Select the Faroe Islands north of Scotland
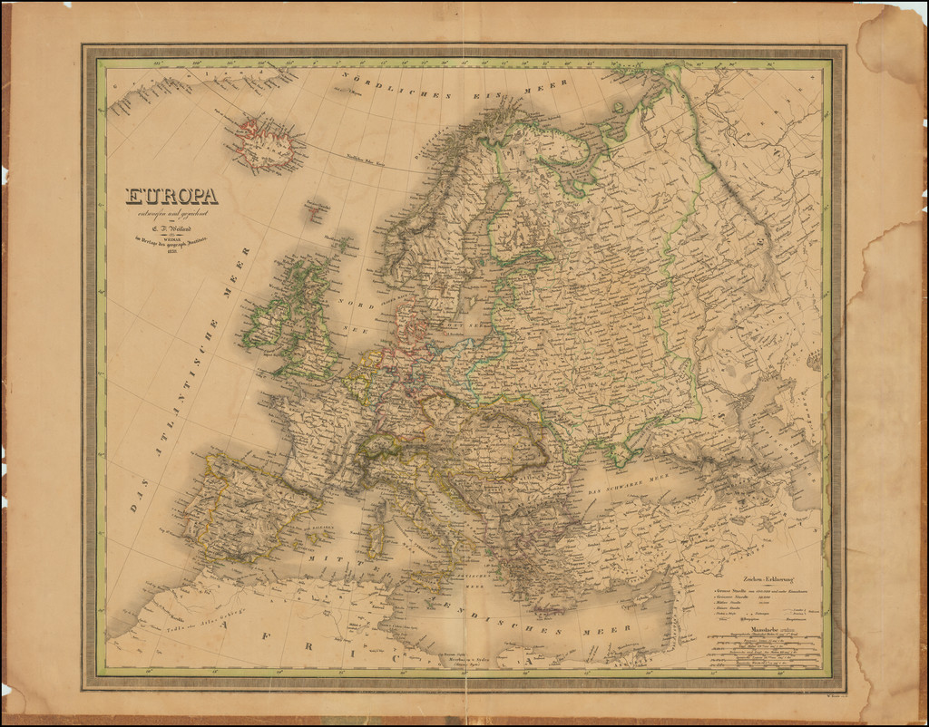tap(314, 210)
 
